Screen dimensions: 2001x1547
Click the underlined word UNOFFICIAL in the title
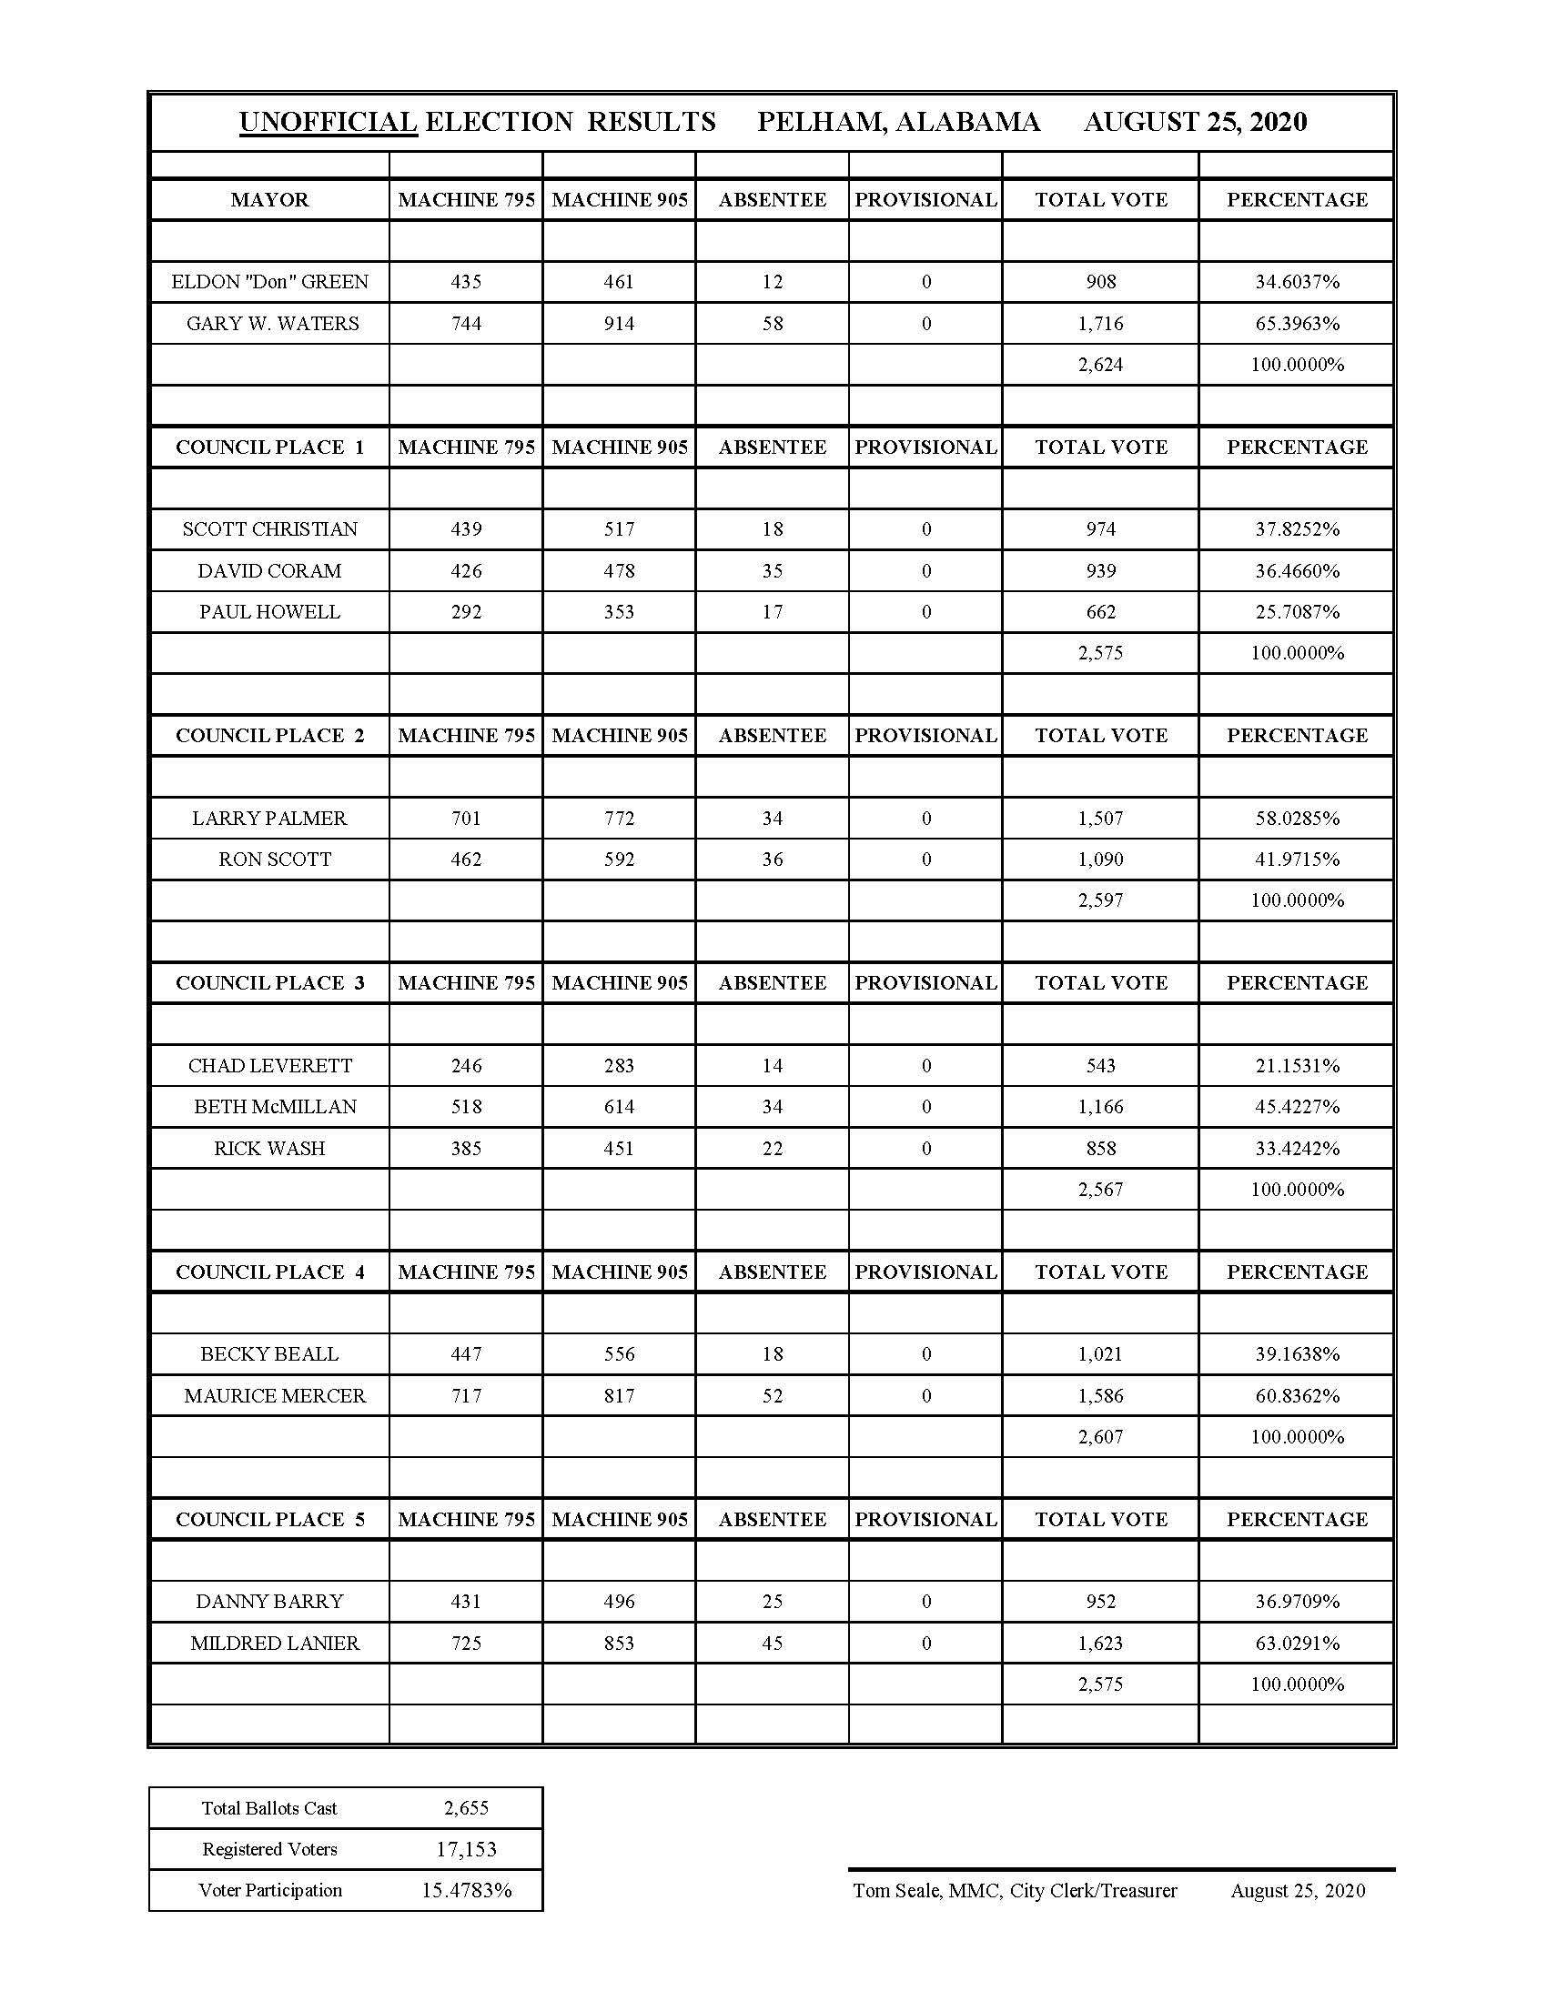329,122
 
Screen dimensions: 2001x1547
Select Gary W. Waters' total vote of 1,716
1100,324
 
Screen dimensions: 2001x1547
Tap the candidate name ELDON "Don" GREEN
269,282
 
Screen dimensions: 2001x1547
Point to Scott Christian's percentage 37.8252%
1296,529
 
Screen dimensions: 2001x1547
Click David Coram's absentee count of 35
772,571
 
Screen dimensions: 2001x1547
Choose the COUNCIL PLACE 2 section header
269,736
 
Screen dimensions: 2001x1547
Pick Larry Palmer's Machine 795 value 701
466,819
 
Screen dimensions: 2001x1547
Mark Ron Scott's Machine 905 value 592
619,860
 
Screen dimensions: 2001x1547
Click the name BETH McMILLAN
275,1107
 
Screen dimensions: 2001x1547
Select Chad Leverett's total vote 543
1100,1066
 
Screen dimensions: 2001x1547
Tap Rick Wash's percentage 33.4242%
1296,1148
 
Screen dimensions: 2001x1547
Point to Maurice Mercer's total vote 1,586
1100,1396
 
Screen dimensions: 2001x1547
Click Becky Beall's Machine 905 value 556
619,1354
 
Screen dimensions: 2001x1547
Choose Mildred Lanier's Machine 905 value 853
619,1644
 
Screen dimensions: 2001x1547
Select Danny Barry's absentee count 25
772,1602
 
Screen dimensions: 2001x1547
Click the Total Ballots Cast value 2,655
466,1808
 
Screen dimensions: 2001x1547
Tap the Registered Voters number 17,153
466,1850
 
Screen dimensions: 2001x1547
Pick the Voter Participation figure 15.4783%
466,1891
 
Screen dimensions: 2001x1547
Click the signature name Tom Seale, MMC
926,1891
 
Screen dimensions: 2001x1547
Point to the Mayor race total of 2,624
1100,365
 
